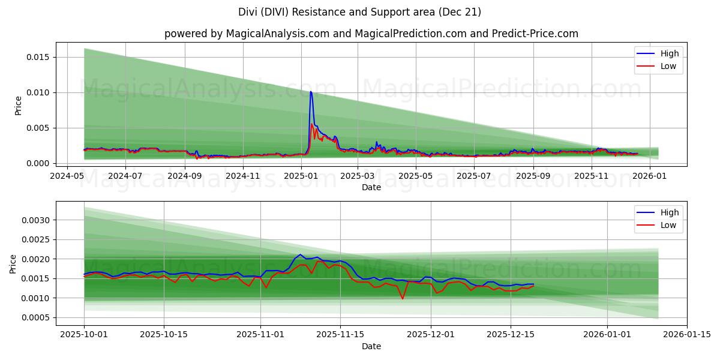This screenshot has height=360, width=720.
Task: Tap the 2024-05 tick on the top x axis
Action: tap(67, 176)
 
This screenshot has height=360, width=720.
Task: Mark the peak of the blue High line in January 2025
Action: tap(310, 91)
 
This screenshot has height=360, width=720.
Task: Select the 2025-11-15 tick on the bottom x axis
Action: tap(340, 335)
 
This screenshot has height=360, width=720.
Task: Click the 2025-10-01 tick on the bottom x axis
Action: tap(84, 335)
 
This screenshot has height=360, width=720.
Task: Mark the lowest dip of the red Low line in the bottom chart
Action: tap(403, 298)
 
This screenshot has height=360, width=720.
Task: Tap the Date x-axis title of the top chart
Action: tap(371, 187)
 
